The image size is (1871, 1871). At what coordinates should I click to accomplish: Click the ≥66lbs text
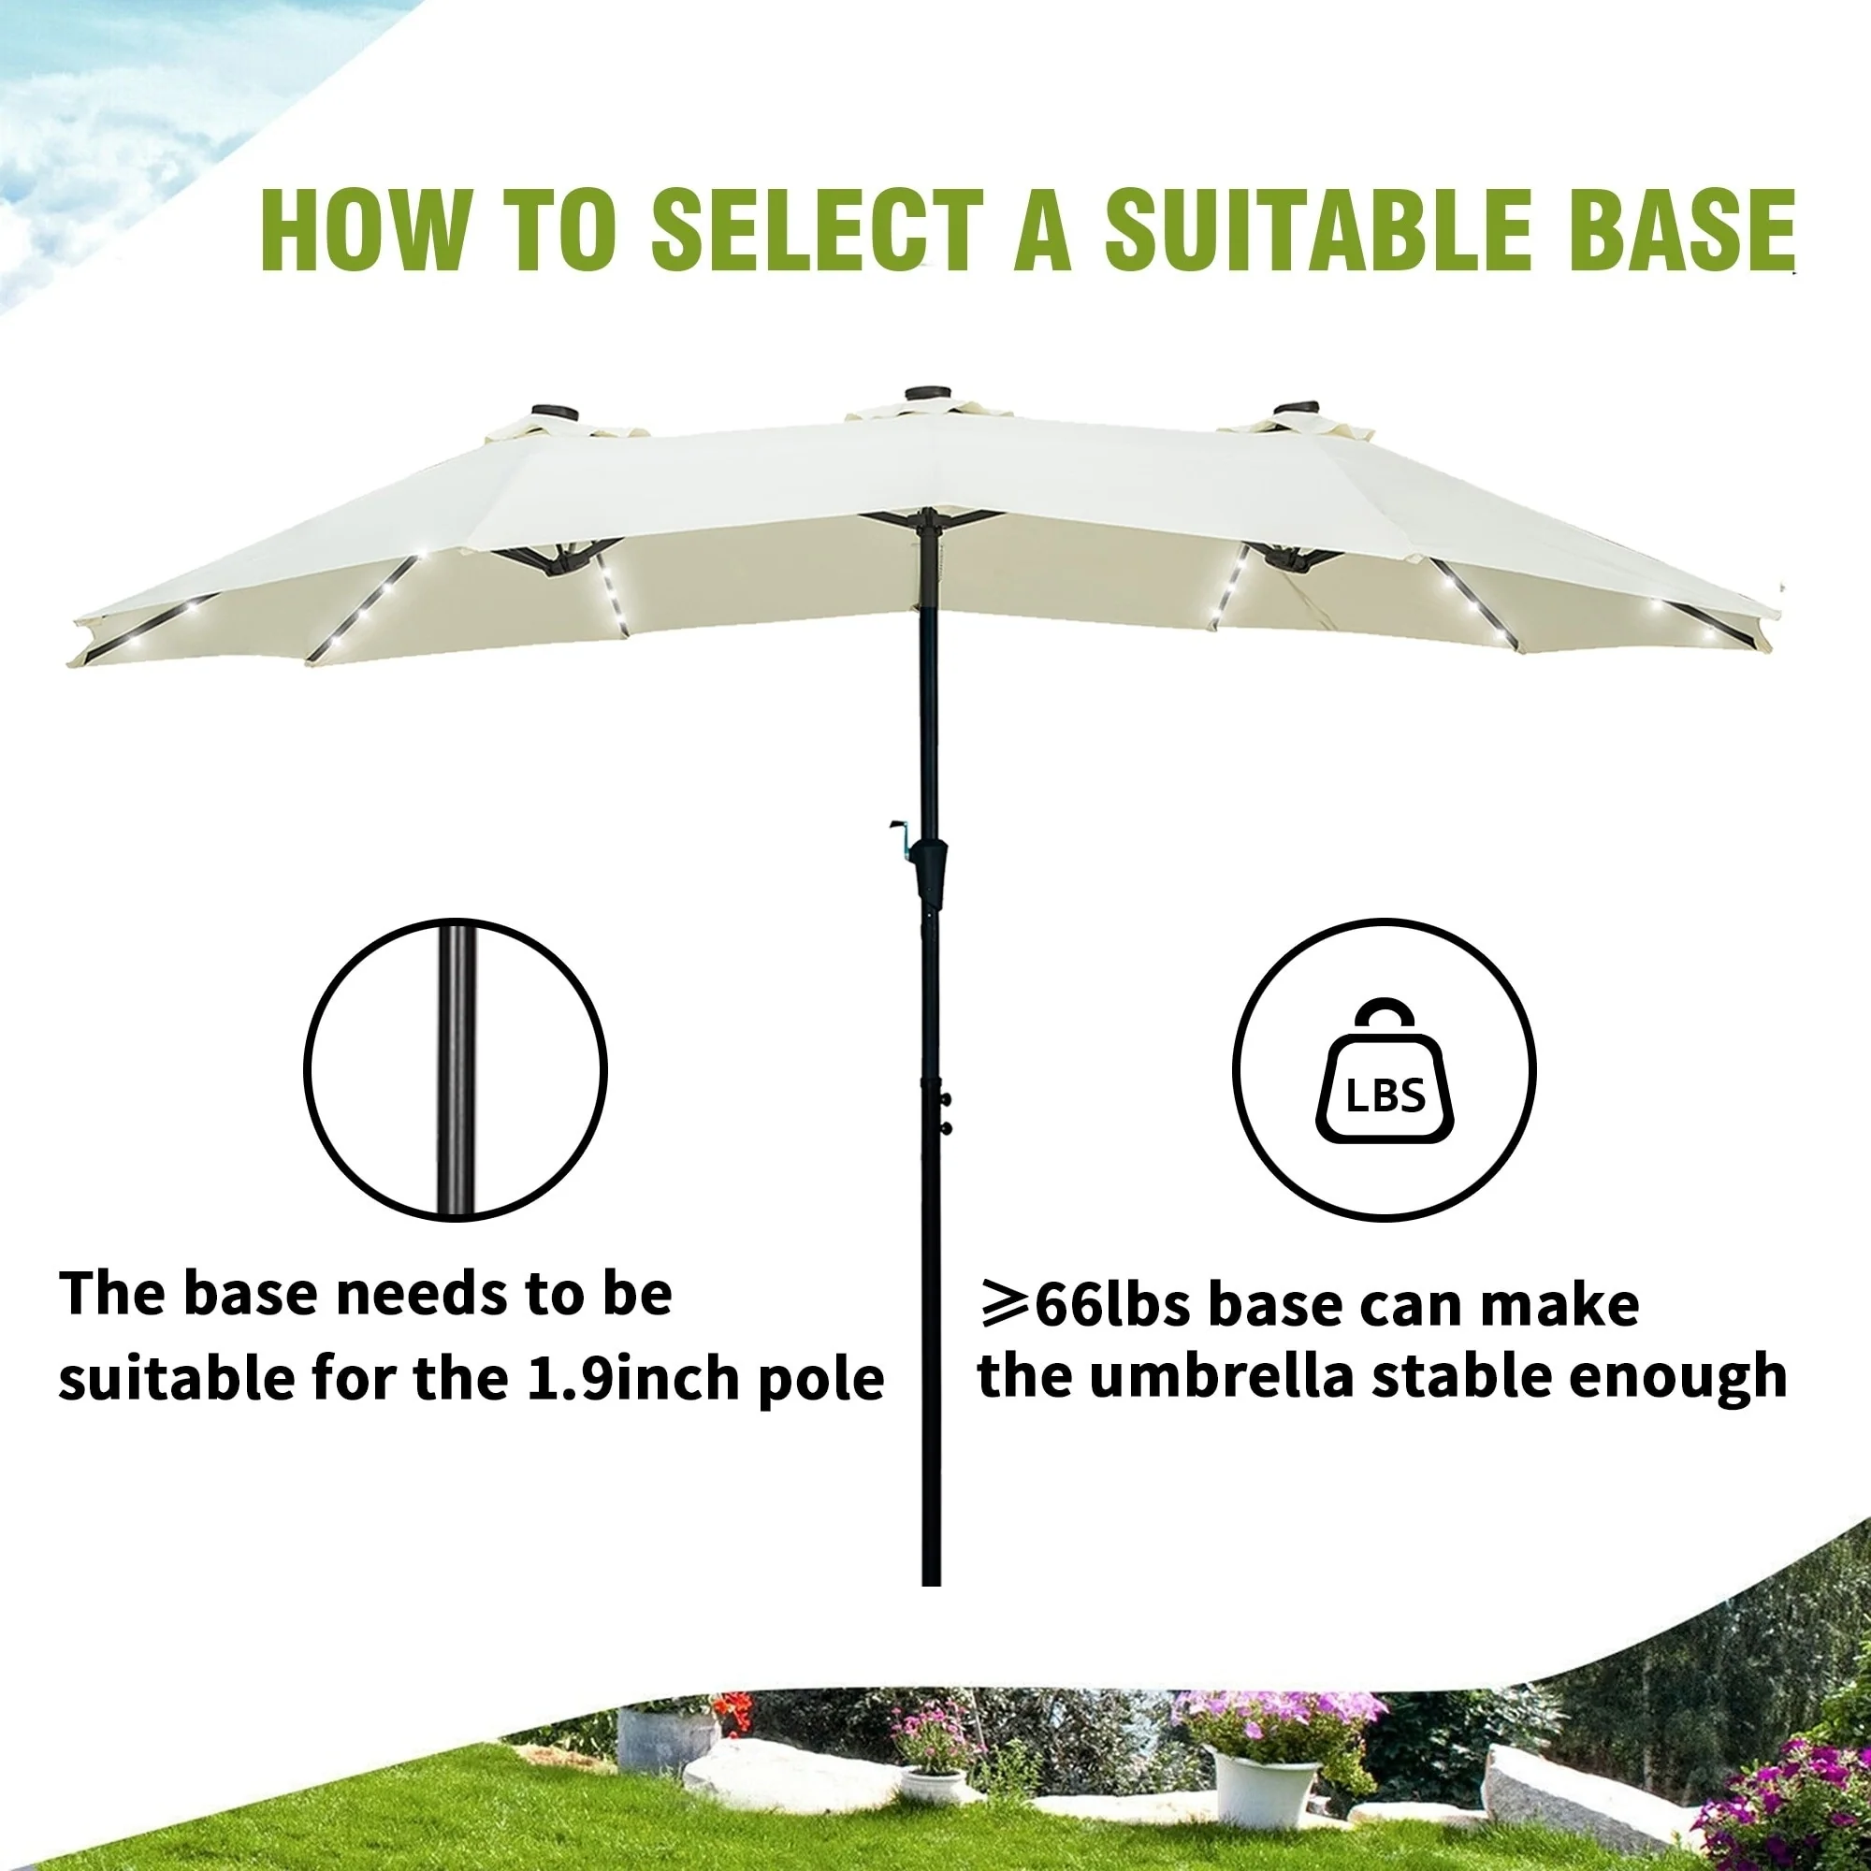tap(1084, 1303)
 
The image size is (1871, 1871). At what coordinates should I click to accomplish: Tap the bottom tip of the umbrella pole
tap(931, 1586)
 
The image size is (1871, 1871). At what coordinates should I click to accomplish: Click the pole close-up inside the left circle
tap(456, 1070)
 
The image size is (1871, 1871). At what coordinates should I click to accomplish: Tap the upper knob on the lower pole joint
tap(946, 1099)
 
